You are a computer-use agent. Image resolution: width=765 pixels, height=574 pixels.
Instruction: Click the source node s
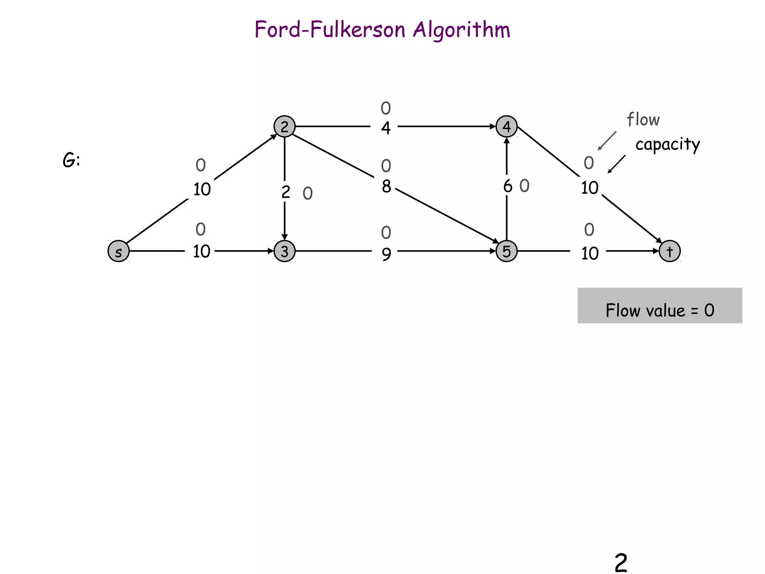click(118, 251)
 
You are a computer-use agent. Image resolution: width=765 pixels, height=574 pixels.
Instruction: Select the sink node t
click(669, 251)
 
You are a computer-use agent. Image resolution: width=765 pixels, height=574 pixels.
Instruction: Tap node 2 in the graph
click(285, 127)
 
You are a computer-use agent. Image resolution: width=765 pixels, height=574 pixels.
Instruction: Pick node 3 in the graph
click(285, 251)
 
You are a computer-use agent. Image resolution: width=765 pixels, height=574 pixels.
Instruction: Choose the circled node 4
click(507, 127)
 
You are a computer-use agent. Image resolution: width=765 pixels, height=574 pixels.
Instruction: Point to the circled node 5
click(507, 251)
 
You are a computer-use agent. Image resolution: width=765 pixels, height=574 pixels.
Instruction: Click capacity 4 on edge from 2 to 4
click(386, 128)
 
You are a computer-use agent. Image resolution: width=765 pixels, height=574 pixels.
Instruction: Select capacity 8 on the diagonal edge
click(386, 186)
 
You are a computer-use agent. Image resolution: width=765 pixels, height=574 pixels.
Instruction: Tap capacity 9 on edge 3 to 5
click(386, 254)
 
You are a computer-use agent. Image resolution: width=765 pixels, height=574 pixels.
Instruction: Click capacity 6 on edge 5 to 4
click(508, 186)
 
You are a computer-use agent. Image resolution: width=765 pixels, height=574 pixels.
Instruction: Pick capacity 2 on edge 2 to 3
click(286, 192)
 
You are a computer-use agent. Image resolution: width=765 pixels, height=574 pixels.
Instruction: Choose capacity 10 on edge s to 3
click(202, 251)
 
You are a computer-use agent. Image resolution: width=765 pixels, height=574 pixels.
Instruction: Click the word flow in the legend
click(643, 120)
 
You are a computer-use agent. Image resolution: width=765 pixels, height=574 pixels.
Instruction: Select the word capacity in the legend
click(668, 145)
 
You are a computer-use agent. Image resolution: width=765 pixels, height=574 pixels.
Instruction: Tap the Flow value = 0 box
click(660, 306)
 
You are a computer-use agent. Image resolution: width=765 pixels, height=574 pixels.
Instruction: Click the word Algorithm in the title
click(461, 30)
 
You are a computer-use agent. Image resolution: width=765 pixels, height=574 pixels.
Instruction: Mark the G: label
click(71, 161)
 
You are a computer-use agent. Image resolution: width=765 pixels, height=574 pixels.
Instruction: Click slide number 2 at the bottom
click(621, 563)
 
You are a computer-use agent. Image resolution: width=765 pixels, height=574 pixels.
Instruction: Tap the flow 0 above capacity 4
click(386, 108)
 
